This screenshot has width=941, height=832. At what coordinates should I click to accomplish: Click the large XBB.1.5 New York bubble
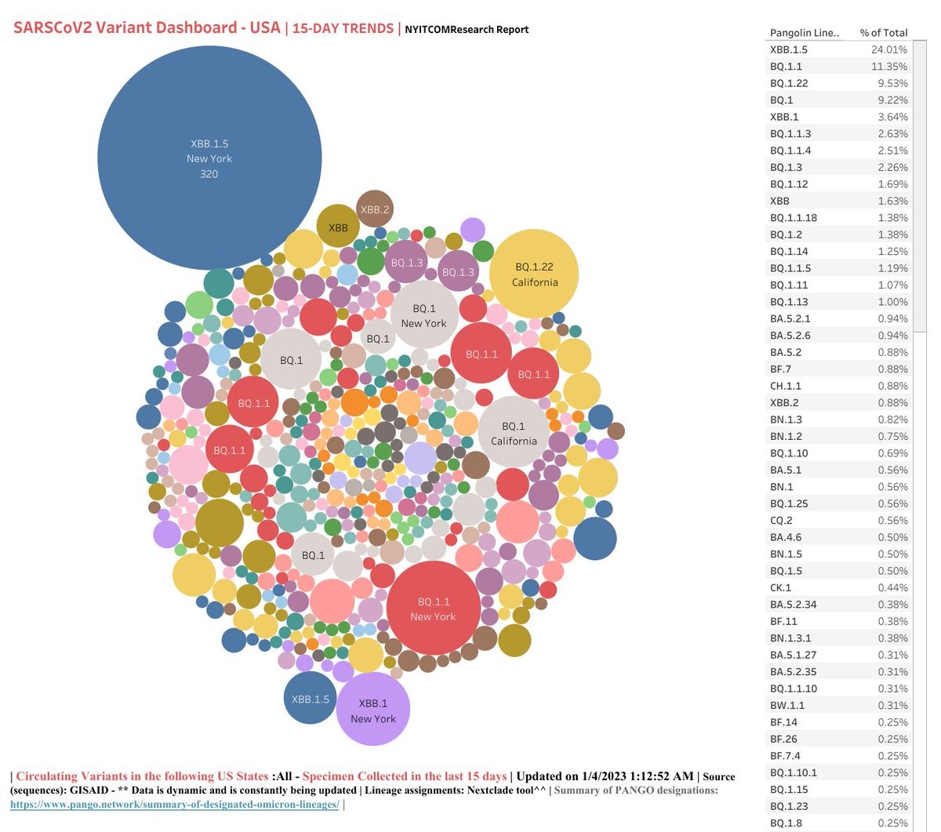click(x=209, y=158)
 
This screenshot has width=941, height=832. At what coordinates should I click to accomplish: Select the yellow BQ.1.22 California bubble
click(x=534, y=274)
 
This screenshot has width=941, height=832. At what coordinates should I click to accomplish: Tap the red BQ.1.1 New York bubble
click(x=433, y=608)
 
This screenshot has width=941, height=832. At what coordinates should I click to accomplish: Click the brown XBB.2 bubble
click(x=374, y=209)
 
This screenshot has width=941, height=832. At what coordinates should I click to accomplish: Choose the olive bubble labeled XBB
click(x=338, y=227)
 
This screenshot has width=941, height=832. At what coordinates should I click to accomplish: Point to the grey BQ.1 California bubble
click(x=514, y=432)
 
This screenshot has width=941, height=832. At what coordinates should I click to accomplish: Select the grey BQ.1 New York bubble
click(x=424, y=314)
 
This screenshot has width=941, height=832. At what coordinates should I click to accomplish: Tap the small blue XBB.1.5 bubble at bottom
click(x=311, y=698)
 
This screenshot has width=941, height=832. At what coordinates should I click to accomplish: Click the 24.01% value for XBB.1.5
click(x=889, y=49)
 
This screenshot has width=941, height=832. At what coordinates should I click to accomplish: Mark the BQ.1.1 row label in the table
click(x=786, y=67)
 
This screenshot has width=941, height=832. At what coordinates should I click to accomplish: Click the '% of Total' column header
click(x=883, y=33)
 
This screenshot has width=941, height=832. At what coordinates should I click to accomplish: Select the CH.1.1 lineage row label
click(x=786, y=386)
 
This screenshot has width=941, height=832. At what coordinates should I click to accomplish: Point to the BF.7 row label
click(x=780, y=369)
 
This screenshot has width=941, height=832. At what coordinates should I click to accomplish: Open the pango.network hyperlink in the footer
click(x=174, y=805)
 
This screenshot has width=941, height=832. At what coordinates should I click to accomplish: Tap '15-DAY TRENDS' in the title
click(x=343, y=28)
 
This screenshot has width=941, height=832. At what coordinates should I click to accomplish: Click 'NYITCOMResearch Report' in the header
click(x=467, y=30)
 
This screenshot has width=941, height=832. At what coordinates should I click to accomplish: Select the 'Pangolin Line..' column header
click(x=804, y=33)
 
